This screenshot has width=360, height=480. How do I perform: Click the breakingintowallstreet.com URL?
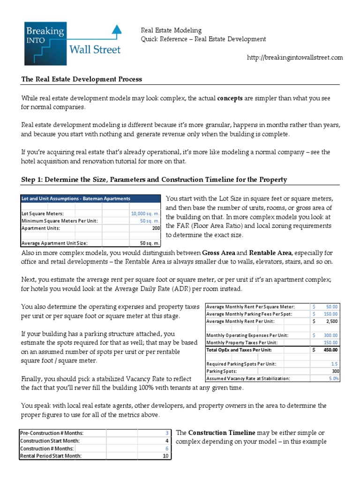point(295,58)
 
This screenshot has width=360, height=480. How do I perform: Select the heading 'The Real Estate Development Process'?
point(82,79)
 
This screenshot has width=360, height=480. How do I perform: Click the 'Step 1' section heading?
point(154,180)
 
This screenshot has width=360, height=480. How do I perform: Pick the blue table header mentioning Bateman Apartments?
point(76,199)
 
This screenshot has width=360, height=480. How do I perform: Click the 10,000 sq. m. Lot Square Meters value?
point(145,214)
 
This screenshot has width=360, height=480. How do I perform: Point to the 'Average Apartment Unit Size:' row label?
point(54,243)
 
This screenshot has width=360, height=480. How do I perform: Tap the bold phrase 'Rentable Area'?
point(272,253)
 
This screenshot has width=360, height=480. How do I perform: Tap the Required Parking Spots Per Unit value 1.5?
point(334,364)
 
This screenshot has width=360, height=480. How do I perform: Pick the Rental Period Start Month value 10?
point(165,456)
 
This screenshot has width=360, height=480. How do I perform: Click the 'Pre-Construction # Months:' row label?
point(52,433)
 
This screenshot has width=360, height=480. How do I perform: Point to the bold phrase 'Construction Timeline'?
point(222,433)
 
